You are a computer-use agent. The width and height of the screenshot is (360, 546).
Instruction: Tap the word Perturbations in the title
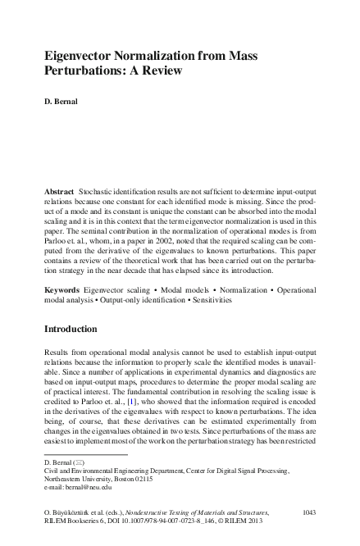[85, 71]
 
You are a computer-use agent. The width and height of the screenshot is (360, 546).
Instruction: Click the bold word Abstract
[60, 189]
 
